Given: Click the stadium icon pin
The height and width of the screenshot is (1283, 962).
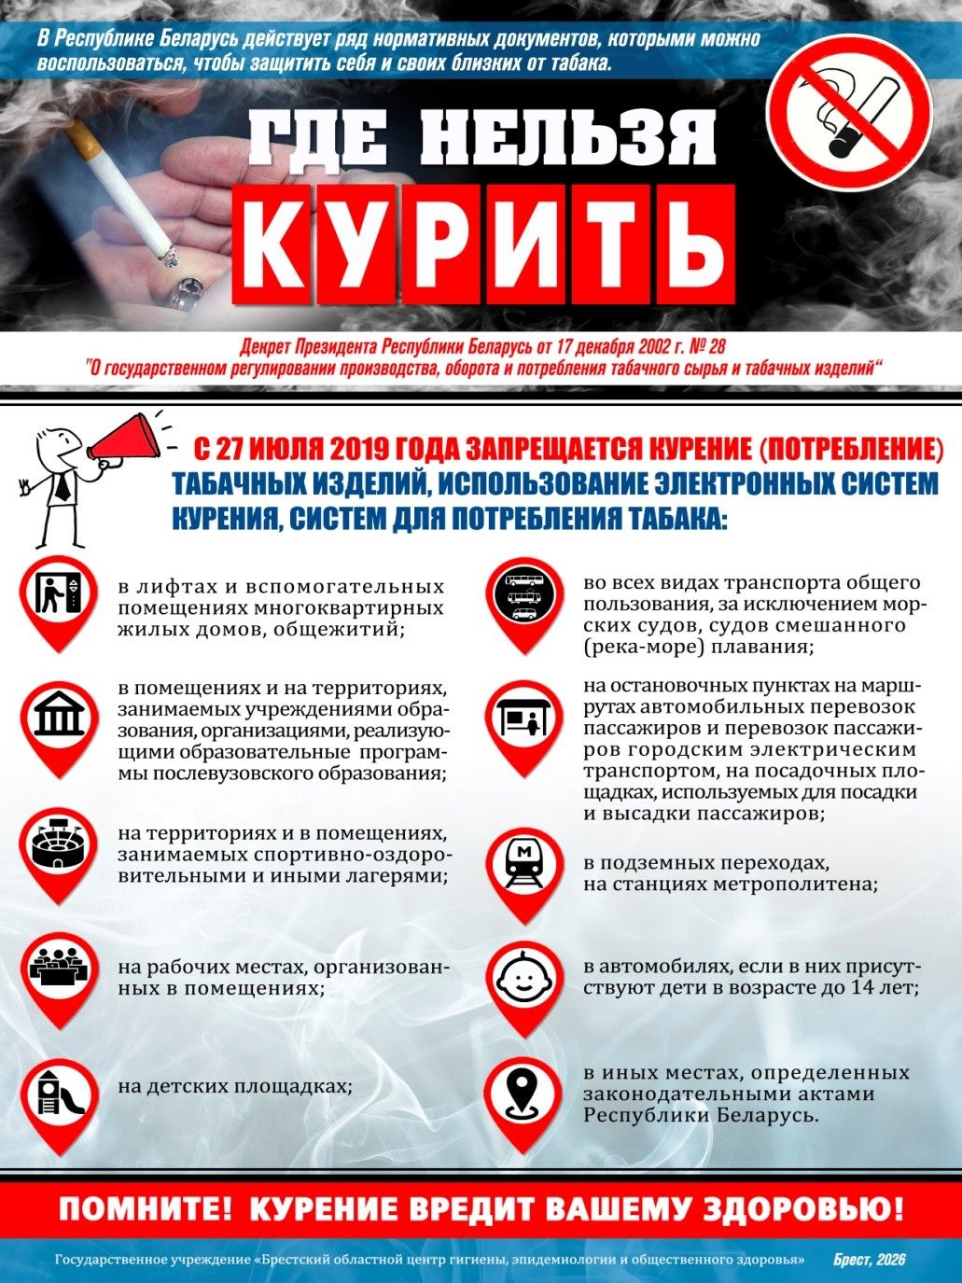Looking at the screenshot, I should (59, 845).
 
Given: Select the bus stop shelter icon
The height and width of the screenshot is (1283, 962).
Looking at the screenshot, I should (523, 718).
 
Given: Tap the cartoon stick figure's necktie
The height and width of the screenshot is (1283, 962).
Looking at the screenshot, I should (61, 484).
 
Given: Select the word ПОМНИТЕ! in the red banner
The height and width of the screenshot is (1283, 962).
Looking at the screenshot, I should (145, 1209).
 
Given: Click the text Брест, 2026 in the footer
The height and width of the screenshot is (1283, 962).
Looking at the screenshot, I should (869, 1260).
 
